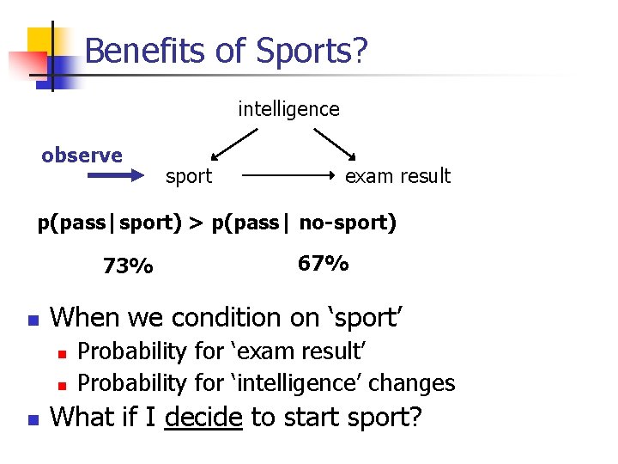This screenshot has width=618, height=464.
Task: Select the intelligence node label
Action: [x=288, y=109]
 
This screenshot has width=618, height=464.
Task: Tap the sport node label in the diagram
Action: [x=188, y=176]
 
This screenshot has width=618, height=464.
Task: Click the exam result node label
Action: [x=397, y=176]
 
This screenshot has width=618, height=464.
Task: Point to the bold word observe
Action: [x=82, y=156]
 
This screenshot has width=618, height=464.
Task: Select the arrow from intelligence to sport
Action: [x=234, y=144]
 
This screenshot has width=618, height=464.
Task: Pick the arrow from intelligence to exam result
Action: [x=336, y=144]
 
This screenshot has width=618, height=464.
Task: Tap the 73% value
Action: [x=128, y=266]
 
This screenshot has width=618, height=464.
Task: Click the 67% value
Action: [x=323, y=263]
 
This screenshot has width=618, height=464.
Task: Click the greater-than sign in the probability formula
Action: [x=197, y=223]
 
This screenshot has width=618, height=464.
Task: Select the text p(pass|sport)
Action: [x=109, y=223]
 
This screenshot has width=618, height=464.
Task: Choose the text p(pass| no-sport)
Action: [x=304, y=223]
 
